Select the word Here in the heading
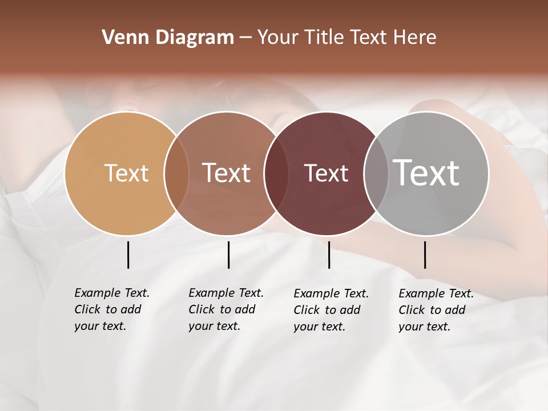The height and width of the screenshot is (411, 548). pos(416,38)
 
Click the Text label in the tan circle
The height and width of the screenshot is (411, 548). pos(126,173)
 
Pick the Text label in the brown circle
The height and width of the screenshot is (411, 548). pos(227,173)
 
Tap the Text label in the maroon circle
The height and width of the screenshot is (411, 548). pos(326,173)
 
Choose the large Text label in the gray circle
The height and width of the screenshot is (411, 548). pos(426,173)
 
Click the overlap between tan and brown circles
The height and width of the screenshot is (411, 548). pos(176,174)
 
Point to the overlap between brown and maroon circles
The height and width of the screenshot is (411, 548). pos(276,174)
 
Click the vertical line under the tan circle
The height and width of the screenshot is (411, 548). pos(128,255)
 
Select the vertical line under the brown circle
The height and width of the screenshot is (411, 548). pos(228,255)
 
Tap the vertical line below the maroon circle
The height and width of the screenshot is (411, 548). pos(329,255)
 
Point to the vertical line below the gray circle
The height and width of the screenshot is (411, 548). pos(425,255)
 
